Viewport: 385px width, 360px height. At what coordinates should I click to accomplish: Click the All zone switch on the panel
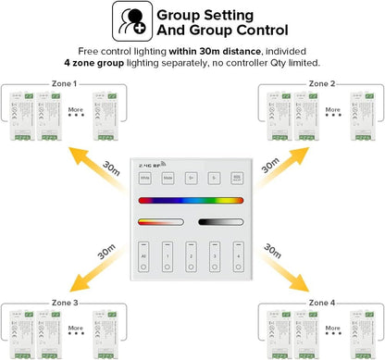(x=145, y=254)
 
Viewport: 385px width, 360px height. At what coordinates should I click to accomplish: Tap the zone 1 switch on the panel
(x=168, y=254)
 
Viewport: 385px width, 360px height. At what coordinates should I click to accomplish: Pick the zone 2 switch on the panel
(x=190, y=254)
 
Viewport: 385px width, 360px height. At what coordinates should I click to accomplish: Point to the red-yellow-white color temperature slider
(x=160, y=222)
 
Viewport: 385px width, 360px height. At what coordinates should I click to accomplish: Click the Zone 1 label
(x=64, y=83)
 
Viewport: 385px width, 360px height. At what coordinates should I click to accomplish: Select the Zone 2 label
(x=320, y=83)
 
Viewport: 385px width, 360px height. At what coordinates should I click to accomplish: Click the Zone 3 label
(x=64, y=303)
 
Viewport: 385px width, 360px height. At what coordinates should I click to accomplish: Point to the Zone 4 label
(x=320, y=303)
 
